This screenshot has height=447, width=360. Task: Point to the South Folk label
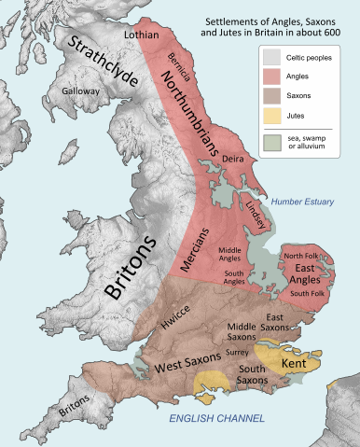pos(309,294)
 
